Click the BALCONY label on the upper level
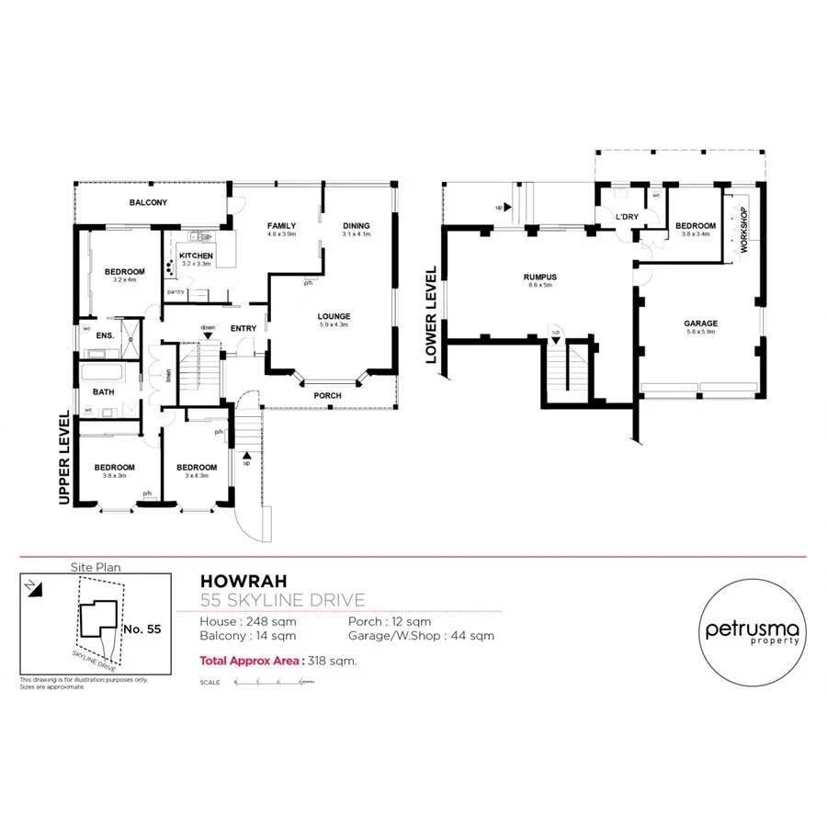point(148,202)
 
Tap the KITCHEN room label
point(196,255)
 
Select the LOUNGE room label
point(334,316)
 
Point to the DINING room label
point(356,225)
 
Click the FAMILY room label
point(281,225)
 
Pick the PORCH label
point(327,395)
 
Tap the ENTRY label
point(244,328)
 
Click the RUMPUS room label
point(540,276)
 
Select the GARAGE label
point(700,323)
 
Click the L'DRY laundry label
point(627,217)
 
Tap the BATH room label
point(103,391)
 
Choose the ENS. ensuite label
point(105,335)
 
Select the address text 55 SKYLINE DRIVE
point(282,600)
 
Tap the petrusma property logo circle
point(753,632)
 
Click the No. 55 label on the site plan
point(142,629)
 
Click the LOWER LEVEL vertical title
point(430,315)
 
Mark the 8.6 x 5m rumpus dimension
point(540,285)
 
